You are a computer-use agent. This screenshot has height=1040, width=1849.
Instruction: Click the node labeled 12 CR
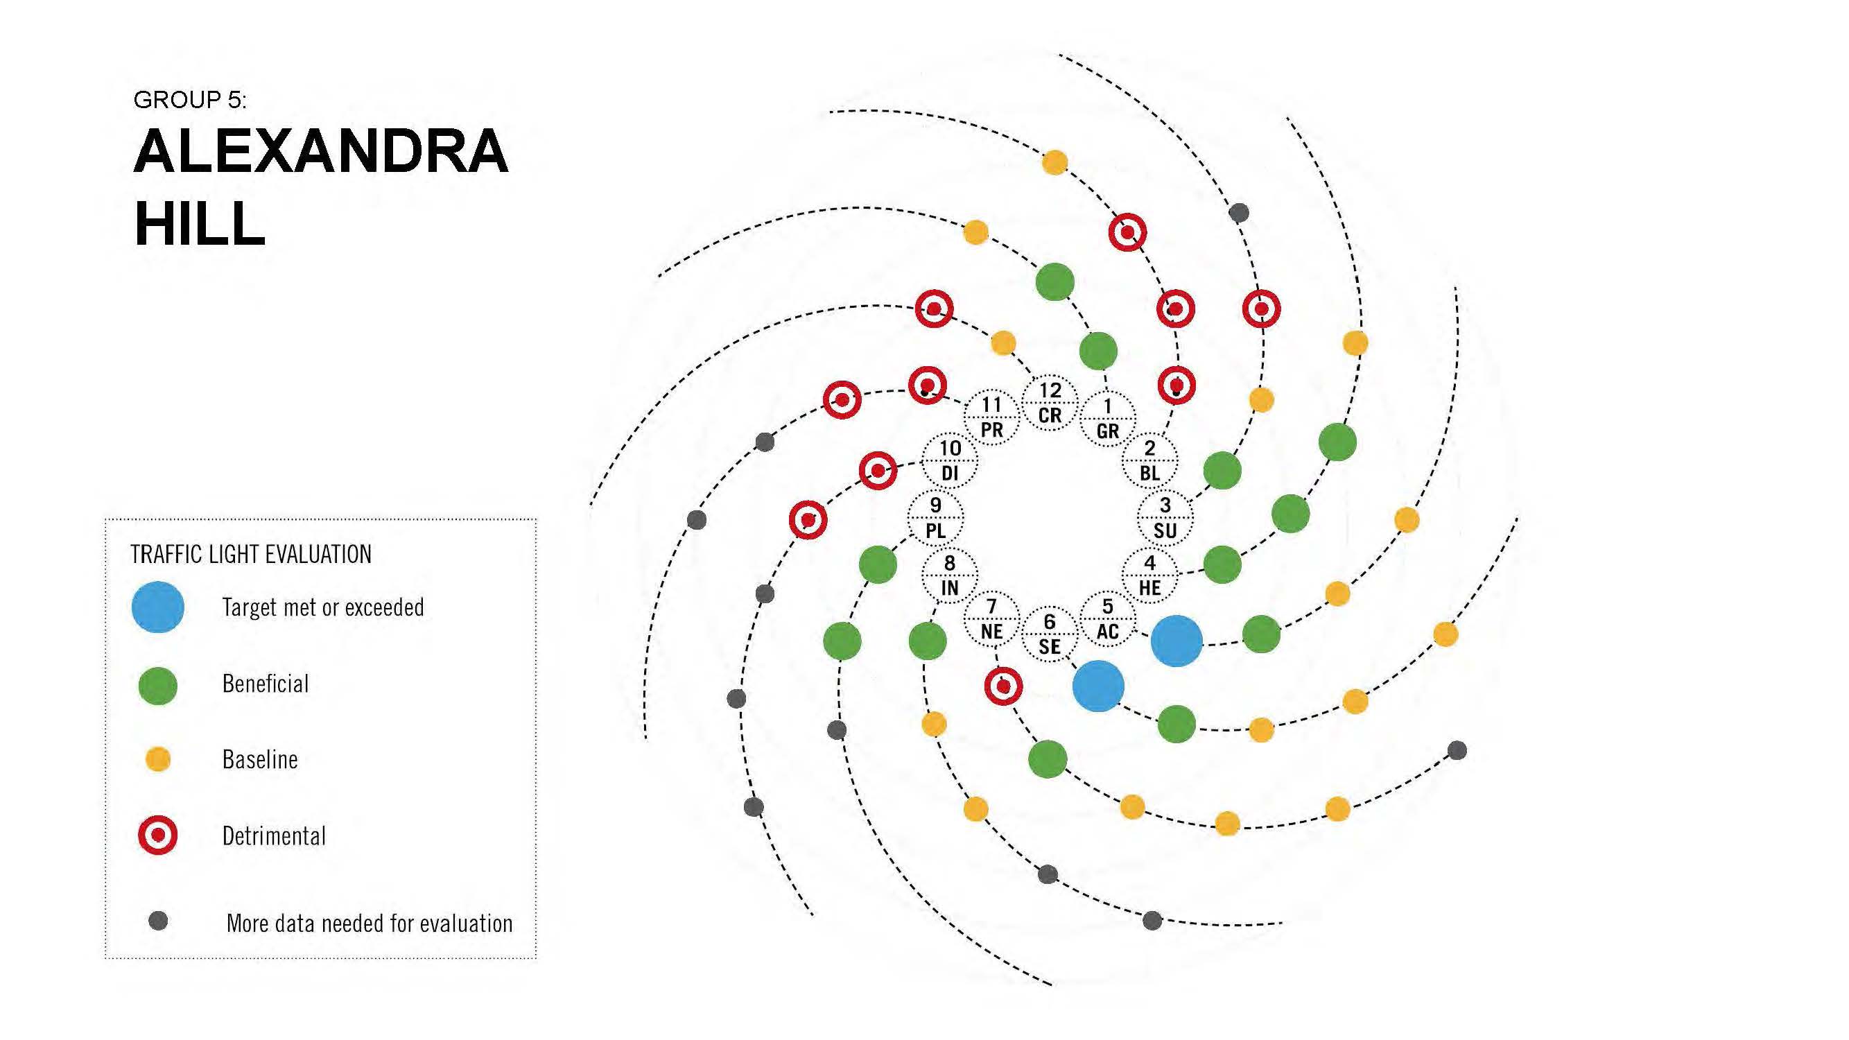pos(1050,403)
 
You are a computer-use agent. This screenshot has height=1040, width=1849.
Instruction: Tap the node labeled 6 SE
pos(1050,634)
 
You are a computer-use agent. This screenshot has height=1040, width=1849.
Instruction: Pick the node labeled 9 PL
pos(935,517)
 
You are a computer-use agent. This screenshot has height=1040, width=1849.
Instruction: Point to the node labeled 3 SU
pos(1165,517)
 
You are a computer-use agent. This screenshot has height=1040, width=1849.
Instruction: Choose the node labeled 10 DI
pos(950,460)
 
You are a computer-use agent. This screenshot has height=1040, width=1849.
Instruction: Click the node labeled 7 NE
pos(991,618)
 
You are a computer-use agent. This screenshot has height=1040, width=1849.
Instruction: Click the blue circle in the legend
pos(158,607)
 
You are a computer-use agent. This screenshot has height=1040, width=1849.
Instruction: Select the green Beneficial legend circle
pos(158,686)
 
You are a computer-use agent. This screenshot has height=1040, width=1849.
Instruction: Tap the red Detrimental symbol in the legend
pos(158,835)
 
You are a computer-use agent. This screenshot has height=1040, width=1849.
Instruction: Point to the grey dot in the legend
pos(158,921)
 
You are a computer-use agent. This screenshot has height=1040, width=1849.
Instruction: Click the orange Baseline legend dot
pos(158,759)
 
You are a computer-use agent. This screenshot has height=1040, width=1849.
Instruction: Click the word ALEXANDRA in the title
pos(321,151)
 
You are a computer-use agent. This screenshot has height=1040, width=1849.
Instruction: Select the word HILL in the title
pos(200,224)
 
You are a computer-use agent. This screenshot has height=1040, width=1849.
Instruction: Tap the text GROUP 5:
pos(189,100)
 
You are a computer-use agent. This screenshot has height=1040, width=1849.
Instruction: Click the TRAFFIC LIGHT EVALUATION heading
pos(251,554)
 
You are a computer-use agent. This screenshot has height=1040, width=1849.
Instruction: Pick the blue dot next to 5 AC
pos(1177,640)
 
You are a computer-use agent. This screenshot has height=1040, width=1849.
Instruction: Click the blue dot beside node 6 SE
pos(1098,686)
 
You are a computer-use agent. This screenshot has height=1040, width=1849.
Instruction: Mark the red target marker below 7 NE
pos(1003,686)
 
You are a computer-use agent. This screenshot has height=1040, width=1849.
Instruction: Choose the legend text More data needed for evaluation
pos(370,923)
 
